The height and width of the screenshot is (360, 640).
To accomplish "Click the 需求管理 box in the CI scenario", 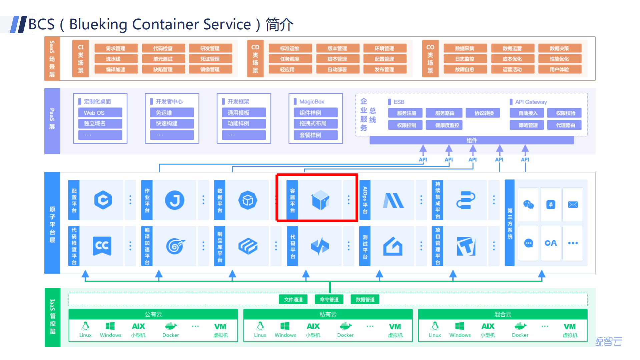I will tap(116, 48).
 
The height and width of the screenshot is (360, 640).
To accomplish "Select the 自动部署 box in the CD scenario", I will tap(337, 69).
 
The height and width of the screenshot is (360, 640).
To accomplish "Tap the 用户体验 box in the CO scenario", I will tap(559, 69).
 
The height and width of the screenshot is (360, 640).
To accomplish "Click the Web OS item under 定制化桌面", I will tap(100, 113).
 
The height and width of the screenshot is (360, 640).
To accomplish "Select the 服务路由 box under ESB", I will tap(445, 113).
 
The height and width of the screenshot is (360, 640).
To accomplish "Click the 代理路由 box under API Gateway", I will tap(565, 125).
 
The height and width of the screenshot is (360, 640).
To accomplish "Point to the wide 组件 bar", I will tap(472, 140).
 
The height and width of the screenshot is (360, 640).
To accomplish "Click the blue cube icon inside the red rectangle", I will tap(320, 200).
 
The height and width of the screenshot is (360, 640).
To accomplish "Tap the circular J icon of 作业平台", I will tap(174, 200).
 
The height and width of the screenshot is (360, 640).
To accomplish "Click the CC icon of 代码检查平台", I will tap(102, 246).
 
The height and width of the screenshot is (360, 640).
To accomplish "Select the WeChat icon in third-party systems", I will tap(528, 205).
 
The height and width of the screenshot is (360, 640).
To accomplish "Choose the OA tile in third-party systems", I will tap(551, 243).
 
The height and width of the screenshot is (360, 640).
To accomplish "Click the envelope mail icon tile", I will tap(573, 205).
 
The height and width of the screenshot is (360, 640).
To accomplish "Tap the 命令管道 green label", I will tap(329, 299).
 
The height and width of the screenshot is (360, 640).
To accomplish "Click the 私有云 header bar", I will tap(328, 314).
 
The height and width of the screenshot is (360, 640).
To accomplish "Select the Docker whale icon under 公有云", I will tap(171, 326).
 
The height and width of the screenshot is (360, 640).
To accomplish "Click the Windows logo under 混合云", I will tap(460, 326).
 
